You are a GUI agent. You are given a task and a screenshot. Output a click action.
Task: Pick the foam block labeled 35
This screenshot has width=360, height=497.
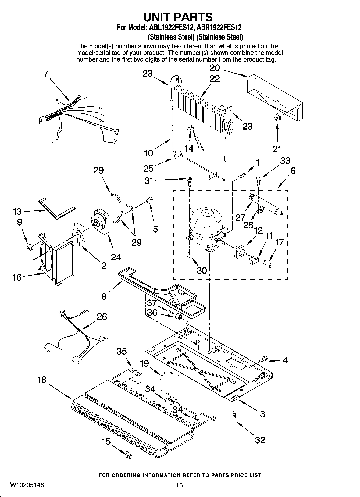135,375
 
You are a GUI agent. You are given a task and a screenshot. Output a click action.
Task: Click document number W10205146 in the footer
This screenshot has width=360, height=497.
27,485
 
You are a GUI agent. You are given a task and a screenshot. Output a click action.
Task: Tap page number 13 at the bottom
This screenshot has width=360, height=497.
179,485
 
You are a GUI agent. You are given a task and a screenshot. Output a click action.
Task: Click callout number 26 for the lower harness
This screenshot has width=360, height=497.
102,316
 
